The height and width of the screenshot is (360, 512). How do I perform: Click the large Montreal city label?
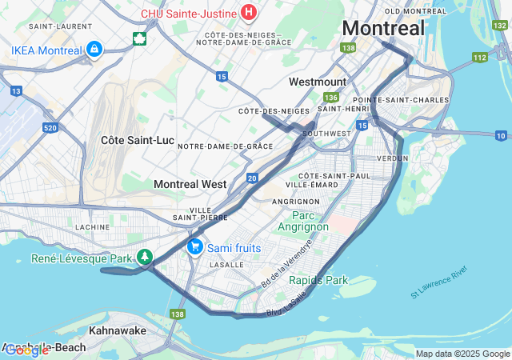pos(383,28)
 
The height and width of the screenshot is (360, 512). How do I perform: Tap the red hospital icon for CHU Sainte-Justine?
pos(249,13)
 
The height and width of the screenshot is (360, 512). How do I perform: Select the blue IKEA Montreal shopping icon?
pos(94,50)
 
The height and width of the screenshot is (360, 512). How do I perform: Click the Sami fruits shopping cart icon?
pos(194,247)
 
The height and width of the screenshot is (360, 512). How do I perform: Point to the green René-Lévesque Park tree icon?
pos(144,258)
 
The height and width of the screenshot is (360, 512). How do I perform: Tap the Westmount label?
pos(318,82)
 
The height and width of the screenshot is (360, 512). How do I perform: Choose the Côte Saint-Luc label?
pos(138,140)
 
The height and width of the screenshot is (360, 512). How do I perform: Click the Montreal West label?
pos(190,184)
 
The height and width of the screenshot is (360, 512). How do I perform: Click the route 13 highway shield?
pos(15,70)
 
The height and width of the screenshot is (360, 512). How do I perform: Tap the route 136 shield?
pos(330,96)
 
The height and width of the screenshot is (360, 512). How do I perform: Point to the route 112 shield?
pos(479,57)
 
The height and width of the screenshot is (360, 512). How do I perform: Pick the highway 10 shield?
pos(501,135)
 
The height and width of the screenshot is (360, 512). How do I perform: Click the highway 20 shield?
pos(252,178)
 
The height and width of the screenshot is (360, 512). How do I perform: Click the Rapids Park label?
pos(318,280)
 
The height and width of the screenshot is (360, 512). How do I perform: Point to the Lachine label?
pos(92,227)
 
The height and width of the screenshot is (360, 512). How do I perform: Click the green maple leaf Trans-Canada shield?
pos(139,38)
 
